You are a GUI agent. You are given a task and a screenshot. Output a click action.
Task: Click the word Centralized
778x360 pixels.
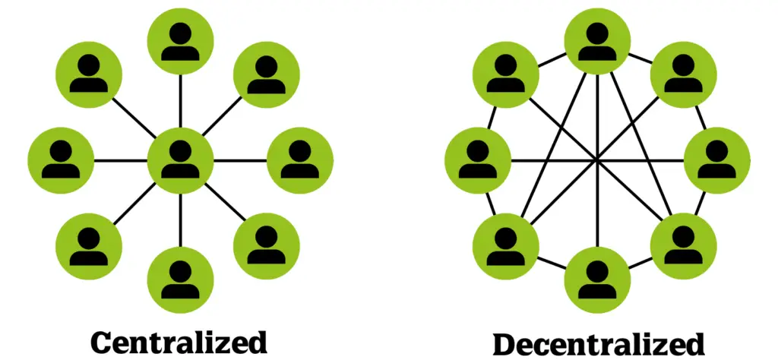(x=179, y=342)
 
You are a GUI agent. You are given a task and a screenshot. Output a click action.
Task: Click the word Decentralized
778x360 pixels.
(x=599, y=344)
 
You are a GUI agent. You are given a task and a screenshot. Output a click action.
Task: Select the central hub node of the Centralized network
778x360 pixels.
(x=180, y=160)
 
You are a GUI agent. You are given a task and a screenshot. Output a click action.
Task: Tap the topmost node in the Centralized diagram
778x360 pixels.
(x=180, y=41)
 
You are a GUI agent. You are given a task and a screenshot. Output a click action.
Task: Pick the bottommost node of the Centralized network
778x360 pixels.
(x=180, y=279)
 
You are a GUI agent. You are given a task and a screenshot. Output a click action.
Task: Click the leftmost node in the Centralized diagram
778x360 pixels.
(x=61, y=160)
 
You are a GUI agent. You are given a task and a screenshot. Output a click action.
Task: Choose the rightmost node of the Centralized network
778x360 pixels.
(x=300, y=160)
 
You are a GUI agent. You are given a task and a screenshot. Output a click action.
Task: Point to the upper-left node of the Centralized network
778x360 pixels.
(x=88, y=74)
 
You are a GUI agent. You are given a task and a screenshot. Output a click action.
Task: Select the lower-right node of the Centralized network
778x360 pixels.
(x=267, y=246)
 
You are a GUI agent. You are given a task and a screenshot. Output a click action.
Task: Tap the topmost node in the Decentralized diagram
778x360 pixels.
(x=597, y=41)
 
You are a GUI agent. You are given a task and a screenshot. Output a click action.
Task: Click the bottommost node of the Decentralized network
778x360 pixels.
(x=597, y=279)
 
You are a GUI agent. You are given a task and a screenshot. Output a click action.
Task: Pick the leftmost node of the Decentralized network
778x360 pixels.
(x=478, y=160)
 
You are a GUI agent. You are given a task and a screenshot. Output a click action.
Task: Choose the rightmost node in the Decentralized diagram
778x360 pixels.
(x=717, y=160)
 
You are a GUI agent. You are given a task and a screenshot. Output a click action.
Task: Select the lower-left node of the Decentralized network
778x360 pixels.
(x=505, y=246)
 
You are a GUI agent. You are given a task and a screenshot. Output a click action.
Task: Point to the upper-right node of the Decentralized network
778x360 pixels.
(x=683, y=74)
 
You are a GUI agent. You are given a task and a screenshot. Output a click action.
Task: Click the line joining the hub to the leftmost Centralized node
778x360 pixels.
(x=121, y=160)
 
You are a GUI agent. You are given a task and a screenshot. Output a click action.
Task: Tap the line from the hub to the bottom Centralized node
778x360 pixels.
(x=180, y=220)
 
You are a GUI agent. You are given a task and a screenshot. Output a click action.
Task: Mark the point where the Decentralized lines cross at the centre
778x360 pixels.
(x=597, y=159)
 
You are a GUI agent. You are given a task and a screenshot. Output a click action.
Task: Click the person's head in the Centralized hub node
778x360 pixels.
(x=180, y=150)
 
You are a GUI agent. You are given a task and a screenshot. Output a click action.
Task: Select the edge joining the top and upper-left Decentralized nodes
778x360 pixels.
(x=552, y=59)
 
